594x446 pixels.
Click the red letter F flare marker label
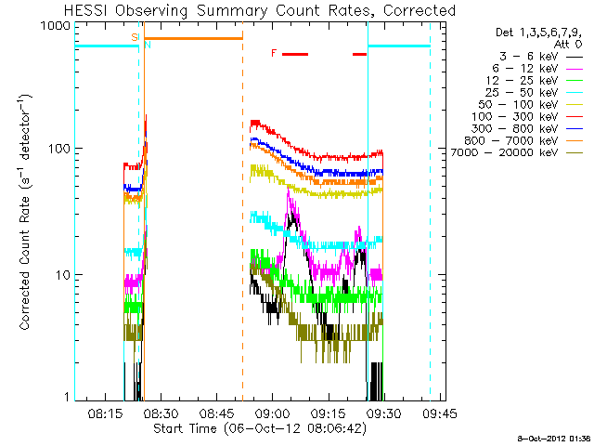[274, 54]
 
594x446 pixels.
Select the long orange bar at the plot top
[193, 38]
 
